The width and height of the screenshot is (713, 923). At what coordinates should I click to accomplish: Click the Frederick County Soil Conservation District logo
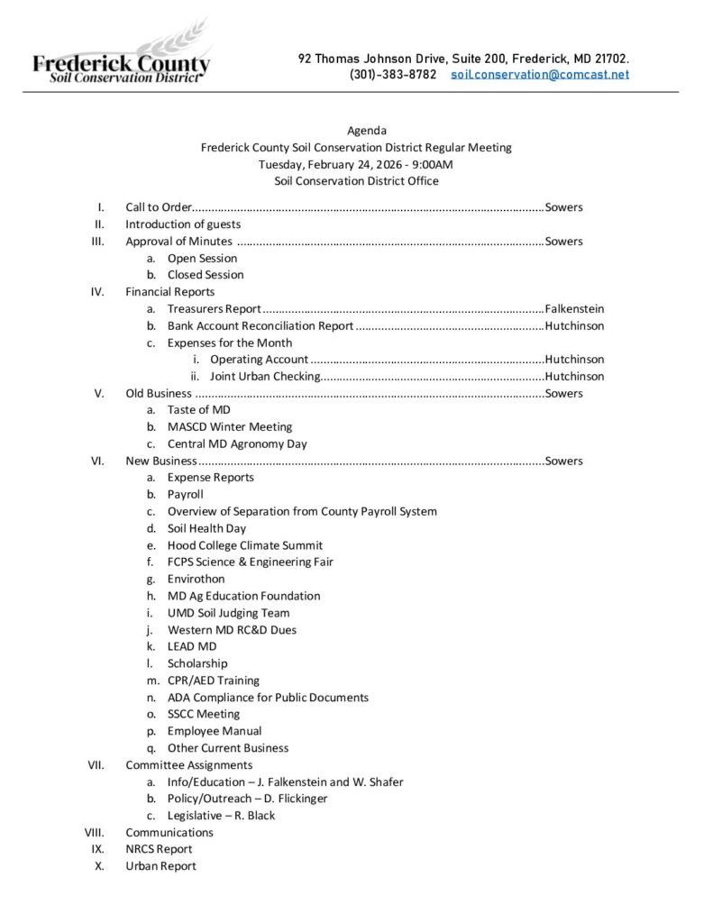tap(121, 62)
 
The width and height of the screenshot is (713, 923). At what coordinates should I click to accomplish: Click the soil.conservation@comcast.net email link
tap(539, 75)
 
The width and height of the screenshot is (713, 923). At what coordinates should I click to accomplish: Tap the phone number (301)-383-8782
tap(393, 75)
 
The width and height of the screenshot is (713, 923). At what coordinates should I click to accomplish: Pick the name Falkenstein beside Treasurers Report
tap(574, 308)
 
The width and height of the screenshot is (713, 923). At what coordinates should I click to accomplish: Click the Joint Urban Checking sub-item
tap(265, 377)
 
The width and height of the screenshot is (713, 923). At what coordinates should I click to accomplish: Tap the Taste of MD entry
tap(198, 410)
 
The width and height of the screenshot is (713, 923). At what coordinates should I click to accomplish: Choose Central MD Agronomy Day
tap(236, 443)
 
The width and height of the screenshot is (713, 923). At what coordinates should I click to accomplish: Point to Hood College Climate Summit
tap(244, 545)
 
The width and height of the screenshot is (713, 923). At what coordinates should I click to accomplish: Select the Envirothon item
tap(196, 579)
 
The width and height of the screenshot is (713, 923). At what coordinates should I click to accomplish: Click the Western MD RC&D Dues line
tap(232, 630)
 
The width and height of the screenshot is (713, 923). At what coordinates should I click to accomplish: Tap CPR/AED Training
tap(213, 681)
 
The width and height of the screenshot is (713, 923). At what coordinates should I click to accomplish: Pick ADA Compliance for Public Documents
tap(268, 697)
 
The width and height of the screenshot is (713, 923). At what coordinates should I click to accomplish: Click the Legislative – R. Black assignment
tap(221, 816)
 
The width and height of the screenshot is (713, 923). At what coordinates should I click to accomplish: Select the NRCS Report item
tap(159, 849)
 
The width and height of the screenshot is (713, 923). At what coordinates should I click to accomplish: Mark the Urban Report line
tap(160, 866)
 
